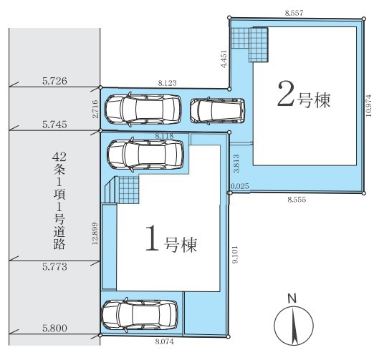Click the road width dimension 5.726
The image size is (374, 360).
point(54,81)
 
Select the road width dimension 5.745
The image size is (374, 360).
point(54,125)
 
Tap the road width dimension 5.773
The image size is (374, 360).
point(54,266)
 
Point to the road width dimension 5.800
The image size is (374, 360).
point(54,328)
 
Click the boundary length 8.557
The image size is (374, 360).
point(294,13)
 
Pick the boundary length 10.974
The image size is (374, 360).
point(369,105)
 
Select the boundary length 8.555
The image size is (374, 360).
point(297,200)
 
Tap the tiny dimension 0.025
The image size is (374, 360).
point(240,186)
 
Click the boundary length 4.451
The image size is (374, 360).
point(224,59)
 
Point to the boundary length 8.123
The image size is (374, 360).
point(167,83)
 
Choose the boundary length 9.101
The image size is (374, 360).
point(236,254)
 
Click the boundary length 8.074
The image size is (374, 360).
point(165,341)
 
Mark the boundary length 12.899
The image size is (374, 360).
point(95,233)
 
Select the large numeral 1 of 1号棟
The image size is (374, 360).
point(152,238)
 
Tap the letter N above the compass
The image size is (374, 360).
point(292,298)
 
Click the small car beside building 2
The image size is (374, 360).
point(217,111)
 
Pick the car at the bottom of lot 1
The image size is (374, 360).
point(140,315)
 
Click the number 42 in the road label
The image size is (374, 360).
point(59,157)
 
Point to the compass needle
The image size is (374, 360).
point(294,326)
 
